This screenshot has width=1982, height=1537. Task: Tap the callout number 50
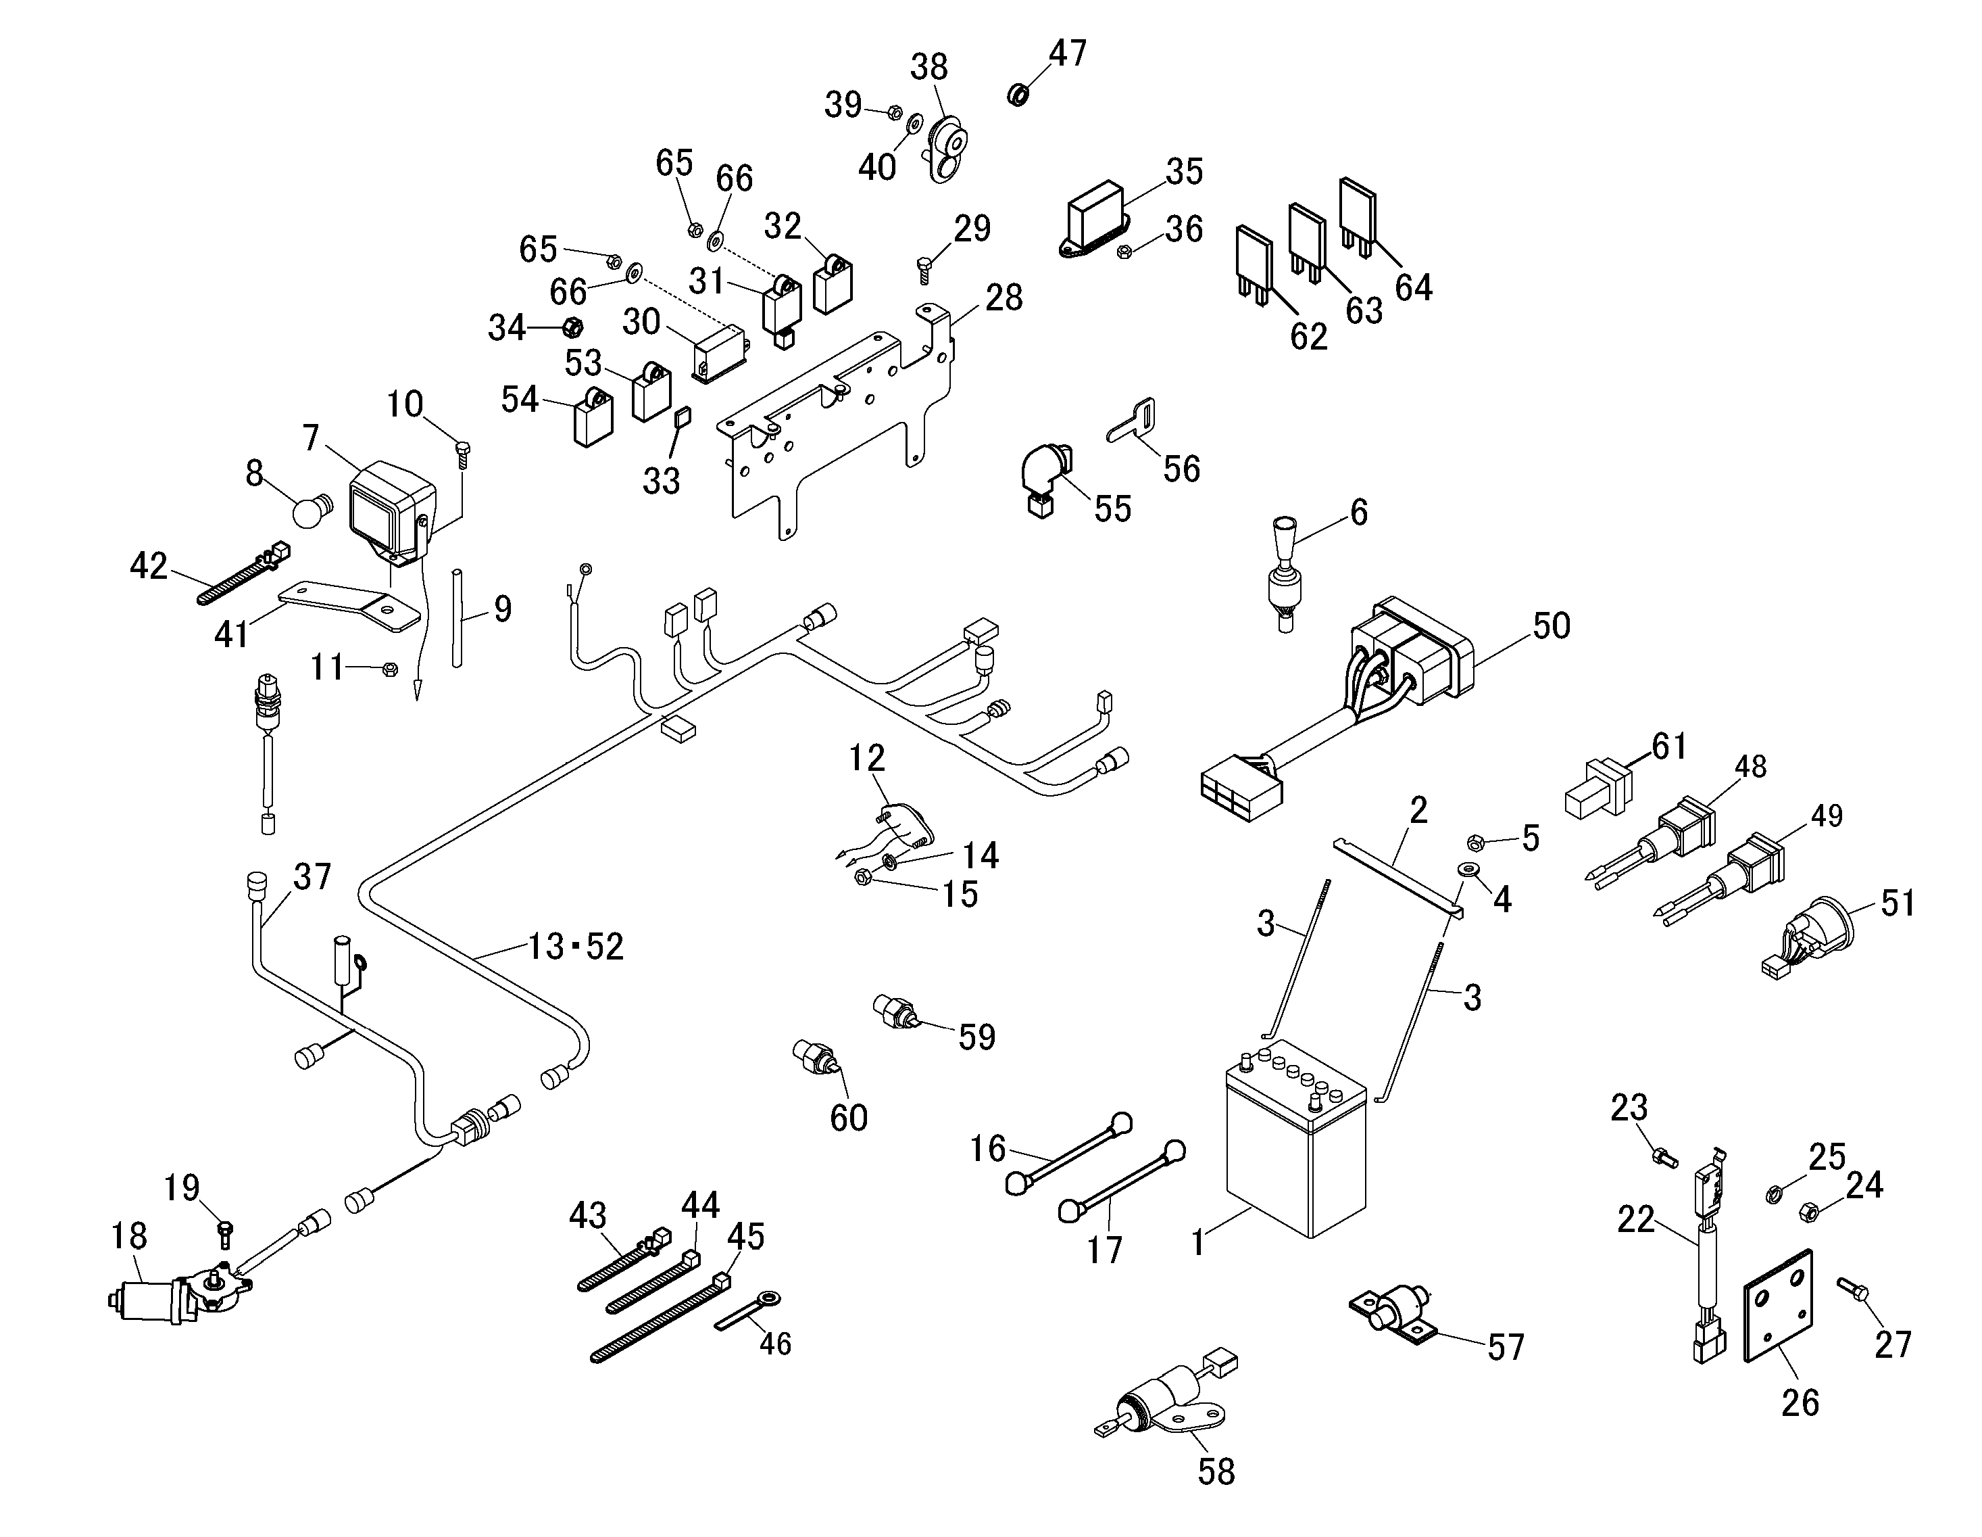point(1551,625)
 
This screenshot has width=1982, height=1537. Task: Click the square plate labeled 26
point(1779,1306)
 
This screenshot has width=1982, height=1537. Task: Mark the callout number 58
point(1216,1471)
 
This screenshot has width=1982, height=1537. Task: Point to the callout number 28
point(1003,298)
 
